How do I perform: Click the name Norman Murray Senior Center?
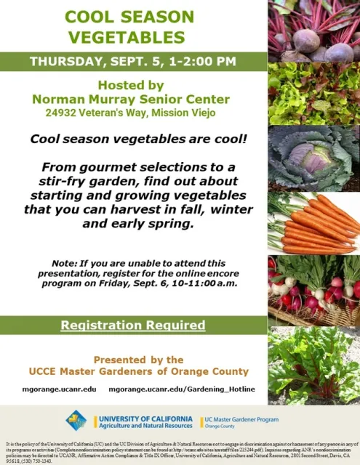tap(134, 99)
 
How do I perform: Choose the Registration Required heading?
tap(133, 325)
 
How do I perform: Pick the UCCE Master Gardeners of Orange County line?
tap(134, 371)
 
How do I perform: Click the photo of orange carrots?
tap(313, 222)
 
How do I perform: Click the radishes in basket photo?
tap(313, 287)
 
